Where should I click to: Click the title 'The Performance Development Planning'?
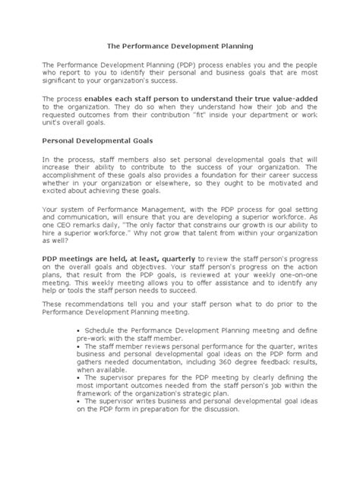(x=179, y=46)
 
